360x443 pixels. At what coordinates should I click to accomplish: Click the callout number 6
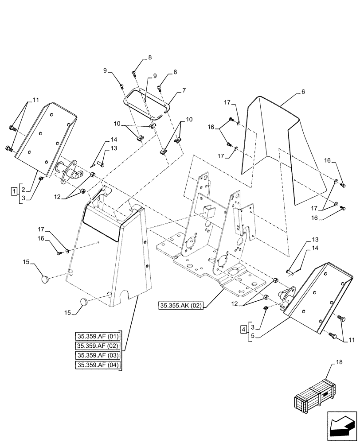tap(303, 92)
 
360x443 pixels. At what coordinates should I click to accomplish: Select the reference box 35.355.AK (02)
tap(181, 305)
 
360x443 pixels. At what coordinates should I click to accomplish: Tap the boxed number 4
tap(243, 329)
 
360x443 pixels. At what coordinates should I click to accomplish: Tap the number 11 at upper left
tap(36, 101)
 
